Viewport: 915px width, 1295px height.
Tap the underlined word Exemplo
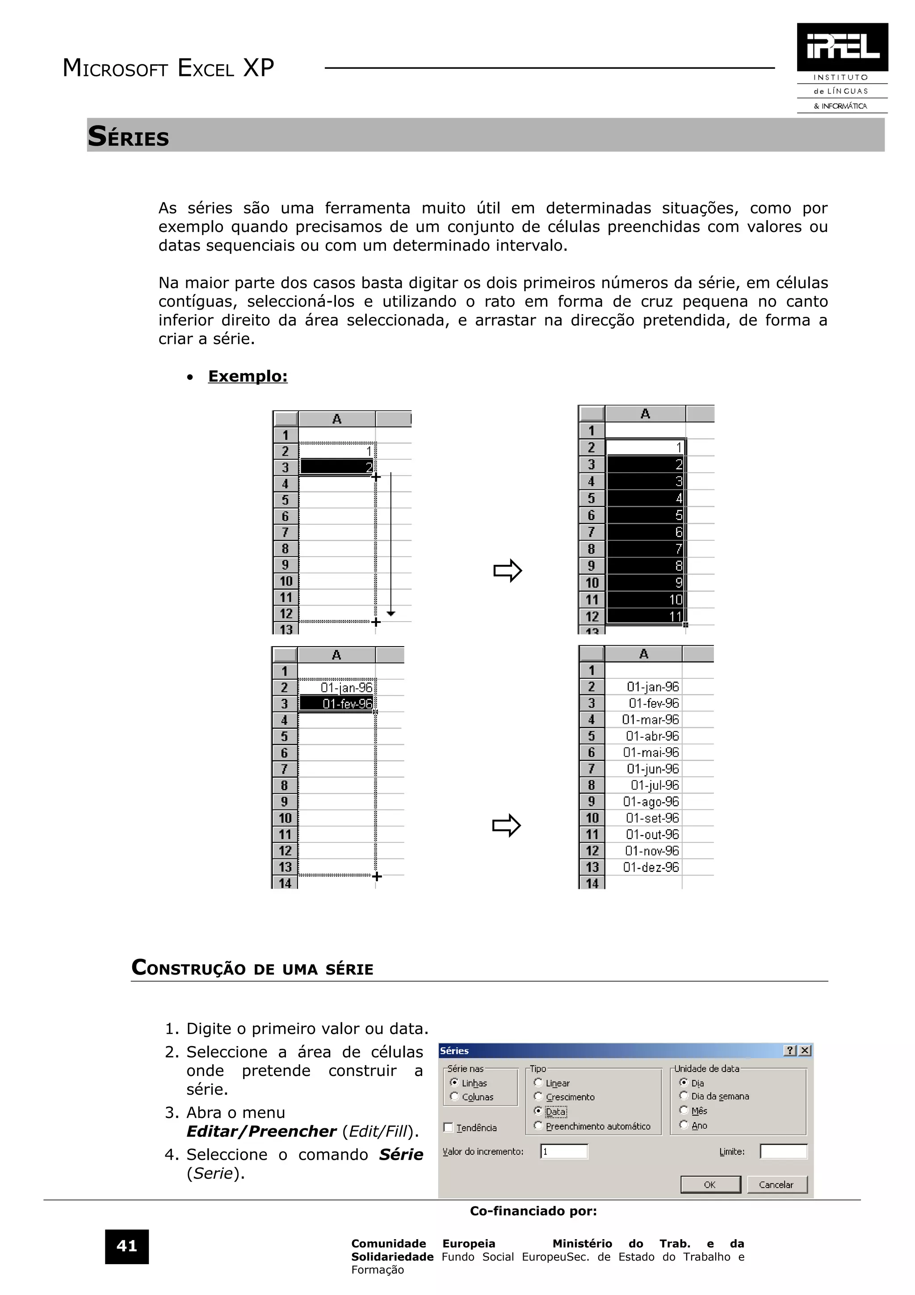[248, 376]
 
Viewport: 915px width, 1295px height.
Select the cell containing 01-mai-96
[651, 753]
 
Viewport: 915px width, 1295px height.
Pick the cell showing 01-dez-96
[651, 867]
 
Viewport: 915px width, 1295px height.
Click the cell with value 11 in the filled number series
[646, 617]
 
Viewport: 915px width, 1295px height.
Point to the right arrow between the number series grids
[508, 571]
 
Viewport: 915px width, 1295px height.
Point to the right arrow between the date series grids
[506, 825]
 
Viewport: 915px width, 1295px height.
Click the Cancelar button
[776, 1185]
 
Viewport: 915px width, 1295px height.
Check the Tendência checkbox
[449, 1127]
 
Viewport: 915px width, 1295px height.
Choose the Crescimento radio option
[538, 1097]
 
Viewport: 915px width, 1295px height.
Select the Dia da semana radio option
[684, 1096]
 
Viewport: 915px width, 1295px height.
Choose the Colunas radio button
[454, 1097]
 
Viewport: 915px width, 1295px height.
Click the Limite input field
[783, 1152]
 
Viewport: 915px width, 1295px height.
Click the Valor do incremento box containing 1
[564, 1152]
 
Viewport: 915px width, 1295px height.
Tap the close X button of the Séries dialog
[805, 1050]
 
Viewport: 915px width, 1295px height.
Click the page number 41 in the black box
[127, 1246]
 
